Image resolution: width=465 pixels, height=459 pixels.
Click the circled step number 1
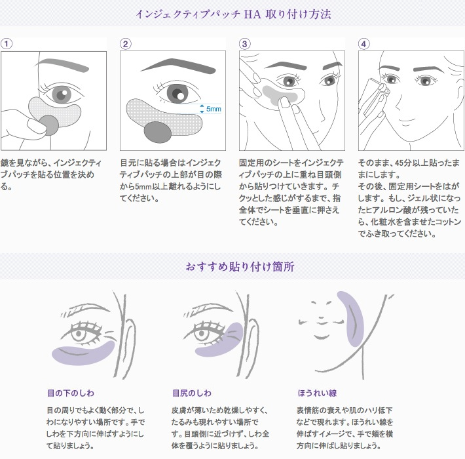tap(7, 44)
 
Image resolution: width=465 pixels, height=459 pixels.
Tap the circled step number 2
tap(126, 44)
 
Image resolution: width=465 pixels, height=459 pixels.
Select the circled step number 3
tap(245, 44)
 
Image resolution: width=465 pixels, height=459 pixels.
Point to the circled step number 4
tap(364, 44)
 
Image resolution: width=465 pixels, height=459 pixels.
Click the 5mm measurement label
tap(213, 110)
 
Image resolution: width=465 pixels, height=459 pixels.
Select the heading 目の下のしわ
tap(71, 393)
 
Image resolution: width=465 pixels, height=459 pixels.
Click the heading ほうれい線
tap(317, 393)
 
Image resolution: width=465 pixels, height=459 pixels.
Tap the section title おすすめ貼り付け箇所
tap(232, 267)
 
